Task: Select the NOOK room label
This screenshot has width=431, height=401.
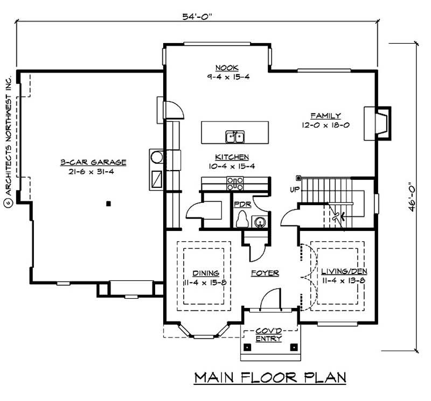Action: pos(224,67)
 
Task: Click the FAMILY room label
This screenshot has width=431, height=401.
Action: pos(325,115)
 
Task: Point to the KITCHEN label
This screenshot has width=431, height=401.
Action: pos(232,157)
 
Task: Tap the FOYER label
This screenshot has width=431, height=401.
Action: pos(265,273)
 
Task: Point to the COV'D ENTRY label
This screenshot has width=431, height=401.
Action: pos(270,335)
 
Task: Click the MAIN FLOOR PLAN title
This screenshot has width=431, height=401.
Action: pos(269,377)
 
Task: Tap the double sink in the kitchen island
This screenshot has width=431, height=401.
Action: pos(235,137)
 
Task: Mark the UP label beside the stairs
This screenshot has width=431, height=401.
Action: pos(295,190)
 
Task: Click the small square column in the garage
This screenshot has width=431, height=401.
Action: pos(108,203)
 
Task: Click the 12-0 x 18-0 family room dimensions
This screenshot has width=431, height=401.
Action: pos(325,125)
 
